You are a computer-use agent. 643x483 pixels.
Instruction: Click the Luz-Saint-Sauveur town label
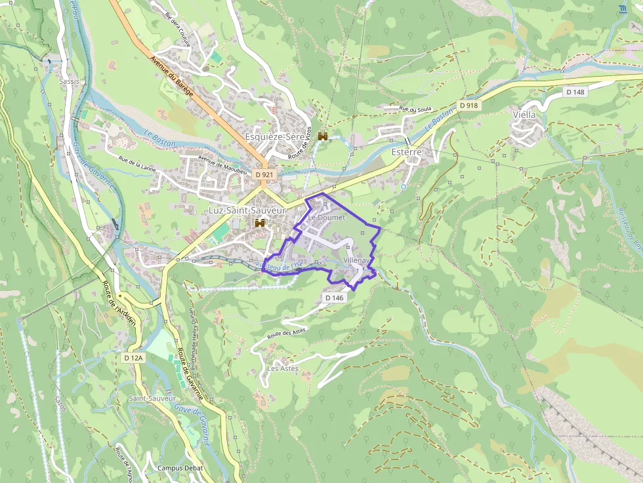pos(247,210)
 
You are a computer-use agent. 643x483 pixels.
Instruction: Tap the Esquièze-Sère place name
pos(274,136)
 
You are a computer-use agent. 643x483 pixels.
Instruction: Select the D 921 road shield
pos(264,175)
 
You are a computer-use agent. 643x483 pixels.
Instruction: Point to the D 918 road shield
pos(468,105)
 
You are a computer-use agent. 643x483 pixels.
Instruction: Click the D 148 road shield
pos(575,92)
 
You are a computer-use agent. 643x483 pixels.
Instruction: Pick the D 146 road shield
pos(334,298)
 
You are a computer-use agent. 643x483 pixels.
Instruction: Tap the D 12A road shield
pos(133,358)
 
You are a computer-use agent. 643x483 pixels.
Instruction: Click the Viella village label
pos(524,115)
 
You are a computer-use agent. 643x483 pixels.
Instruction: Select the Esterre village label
pos(405,151)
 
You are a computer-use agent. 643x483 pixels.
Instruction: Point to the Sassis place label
pos(69,81)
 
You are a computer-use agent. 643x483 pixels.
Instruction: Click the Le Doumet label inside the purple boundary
pos(327,217)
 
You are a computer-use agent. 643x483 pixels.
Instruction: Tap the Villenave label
pos(358,260)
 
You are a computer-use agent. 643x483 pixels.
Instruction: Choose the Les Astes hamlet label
pos(283,368)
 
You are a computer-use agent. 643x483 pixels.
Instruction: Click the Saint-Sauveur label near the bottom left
pos(152,398)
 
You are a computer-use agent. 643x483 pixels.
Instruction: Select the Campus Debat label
pos(180,468)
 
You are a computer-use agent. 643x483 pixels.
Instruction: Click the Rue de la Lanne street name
pos(137,163)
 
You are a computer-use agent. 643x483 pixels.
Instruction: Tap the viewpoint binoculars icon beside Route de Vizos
pos(323,136)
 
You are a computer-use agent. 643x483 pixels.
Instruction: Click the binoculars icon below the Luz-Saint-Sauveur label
pos(260,223)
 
